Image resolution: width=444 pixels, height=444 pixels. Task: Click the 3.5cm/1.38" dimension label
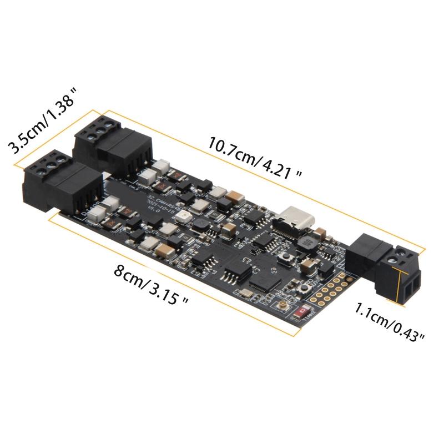point(41,120)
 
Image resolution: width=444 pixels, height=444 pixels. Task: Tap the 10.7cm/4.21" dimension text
point(255,157)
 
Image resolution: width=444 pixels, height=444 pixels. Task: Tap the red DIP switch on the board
point(304,312)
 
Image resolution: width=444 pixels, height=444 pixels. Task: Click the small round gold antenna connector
point(284,306)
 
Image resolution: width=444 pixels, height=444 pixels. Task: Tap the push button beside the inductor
point(287,258)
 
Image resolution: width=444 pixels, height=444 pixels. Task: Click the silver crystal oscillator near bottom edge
point(244,294)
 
